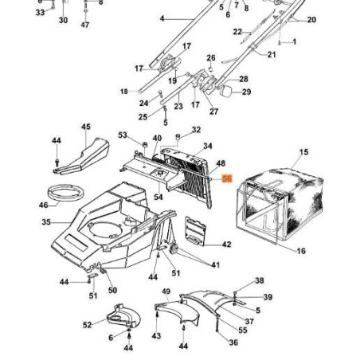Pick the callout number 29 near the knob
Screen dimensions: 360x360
[x=246, y=92]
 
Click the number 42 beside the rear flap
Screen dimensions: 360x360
[x=226, y=245]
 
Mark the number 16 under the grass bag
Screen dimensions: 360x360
[x=301, y=252]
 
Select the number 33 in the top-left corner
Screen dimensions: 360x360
[x=40, y=13]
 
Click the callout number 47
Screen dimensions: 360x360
[x=85, y=25]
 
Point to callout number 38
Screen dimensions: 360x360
[x=260, y=281]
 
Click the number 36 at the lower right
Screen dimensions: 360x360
[x=233, y=342]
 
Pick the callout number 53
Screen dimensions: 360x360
[x=123, y=136]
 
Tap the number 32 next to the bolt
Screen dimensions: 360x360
[x=197, y=130]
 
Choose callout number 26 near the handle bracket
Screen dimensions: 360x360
[x=210, y=58]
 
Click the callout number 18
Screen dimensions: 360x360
[x=123, y=92]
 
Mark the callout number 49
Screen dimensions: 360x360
[x=166, y=292]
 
